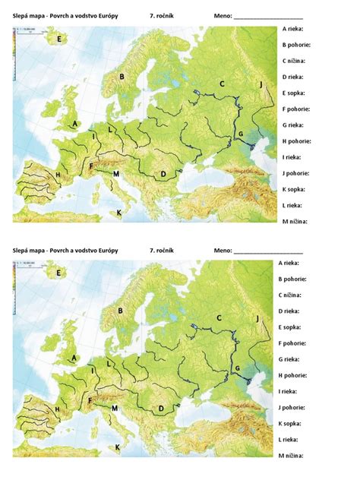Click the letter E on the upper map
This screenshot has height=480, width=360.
pyautogui.click(x=58, y=36)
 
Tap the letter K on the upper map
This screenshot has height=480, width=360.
pyautogui.click(x=118, y=213)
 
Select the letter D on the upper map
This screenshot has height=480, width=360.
pyautogui.click(x=163, y=174)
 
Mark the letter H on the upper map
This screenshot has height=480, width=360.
pyautogui.click(x=57, y=175)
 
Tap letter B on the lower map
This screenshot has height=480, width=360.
pyautogui.click(x=121, y=310)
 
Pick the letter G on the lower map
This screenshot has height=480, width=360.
pyautogui.click(x=236, y=368)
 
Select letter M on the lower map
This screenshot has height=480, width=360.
pyautogui.click(x=115, y=408)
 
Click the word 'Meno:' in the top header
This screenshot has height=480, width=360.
pyautogui.click(x=223, y=14)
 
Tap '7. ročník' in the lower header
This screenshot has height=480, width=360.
pyautogui.click(x=163, y=249)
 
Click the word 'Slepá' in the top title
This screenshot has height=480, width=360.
pyautogui.click(x=22, y=14)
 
